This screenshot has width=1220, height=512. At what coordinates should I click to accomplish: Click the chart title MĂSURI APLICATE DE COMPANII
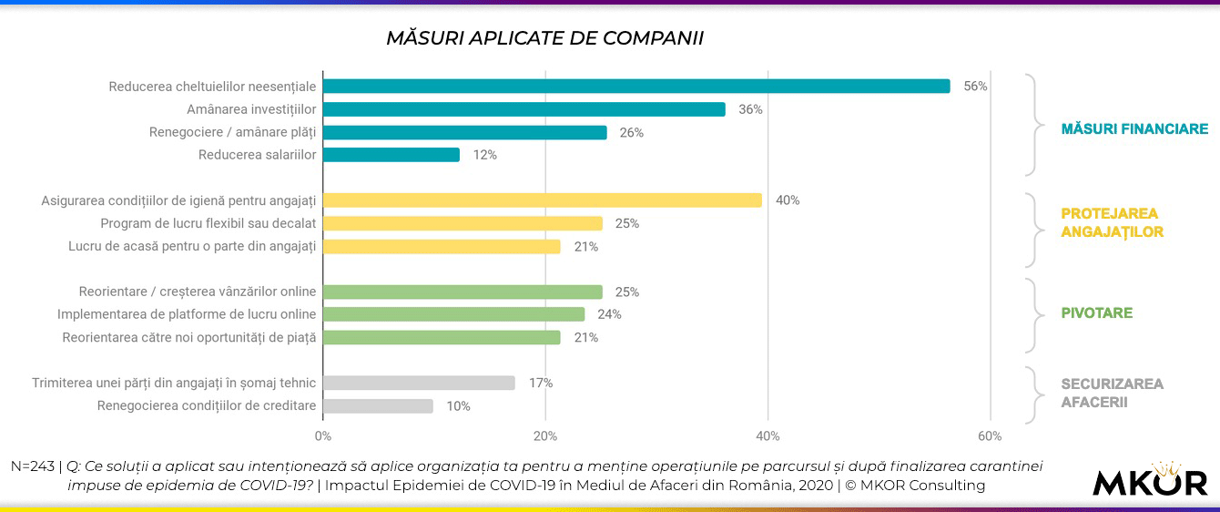pos(544,38)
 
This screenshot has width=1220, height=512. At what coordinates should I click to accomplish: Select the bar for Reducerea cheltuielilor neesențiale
pos(635,87)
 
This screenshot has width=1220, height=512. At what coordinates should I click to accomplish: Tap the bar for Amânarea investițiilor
pos(524,109)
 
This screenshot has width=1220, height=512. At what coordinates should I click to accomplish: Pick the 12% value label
pos(484,155)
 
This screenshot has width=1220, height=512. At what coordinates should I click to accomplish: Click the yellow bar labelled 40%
pos(542,200)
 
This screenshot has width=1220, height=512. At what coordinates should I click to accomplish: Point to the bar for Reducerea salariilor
pos(391,155)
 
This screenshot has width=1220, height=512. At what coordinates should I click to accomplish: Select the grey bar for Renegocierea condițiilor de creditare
pos(378,406)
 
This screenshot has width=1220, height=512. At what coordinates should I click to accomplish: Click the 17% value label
pos(541,384)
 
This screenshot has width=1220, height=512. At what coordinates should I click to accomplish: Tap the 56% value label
pos(975,87)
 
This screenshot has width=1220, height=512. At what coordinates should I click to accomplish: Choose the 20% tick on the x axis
pos(544,435)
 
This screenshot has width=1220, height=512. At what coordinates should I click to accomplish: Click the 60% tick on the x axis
pos(990,435)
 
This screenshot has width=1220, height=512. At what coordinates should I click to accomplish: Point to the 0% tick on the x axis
pos(322,435)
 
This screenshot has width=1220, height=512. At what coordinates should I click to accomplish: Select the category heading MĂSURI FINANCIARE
pos(1134,129)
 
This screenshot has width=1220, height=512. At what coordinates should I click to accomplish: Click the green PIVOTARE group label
pos(1096,313)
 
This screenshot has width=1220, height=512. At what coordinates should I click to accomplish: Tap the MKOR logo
pos(1150,481)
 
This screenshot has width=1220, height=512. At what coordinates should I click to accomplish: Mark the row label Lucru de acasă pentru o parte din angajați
pos(192,246)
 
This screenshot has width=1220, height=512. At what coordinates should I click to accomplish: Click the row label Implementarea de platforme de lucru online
pos(187,314)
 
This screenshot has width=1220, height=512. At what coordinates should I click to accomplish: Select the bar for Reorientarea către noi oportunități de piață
pos(442,338)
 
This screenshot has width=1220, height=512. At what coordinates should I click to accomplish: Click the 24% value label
pos(609,314)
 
